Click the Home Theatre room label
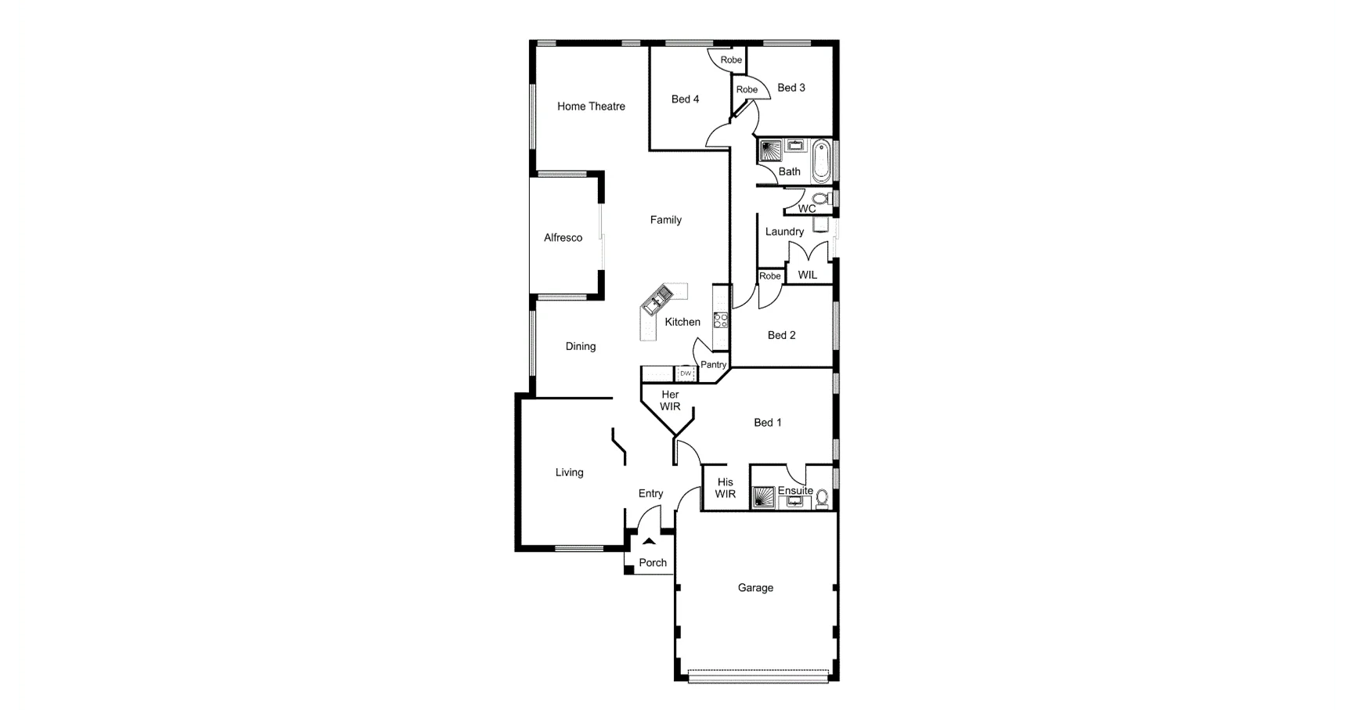pos(591,106)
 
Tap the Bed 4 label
pos(685,99)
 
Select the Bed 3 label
pos(791,88)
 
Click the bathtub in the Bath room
pos(820,160)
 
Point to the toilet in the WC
pos(819,199)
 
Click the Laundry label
pos(784,232)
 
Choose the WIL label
pos(807,275)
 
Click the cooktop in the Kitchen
pos(721,319)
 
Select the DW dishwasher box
pos(686,374)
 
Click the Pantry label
pos(713,365)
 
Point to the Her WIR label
pos(670,401)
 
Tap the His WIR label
pos(726,488)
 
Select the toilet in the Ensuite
pos(822,497)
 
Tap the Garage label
pos(755,588)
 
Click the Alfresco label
pos(563,238)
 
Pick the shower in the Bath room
pos(770,150)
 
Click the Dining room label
pos(581,347)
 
